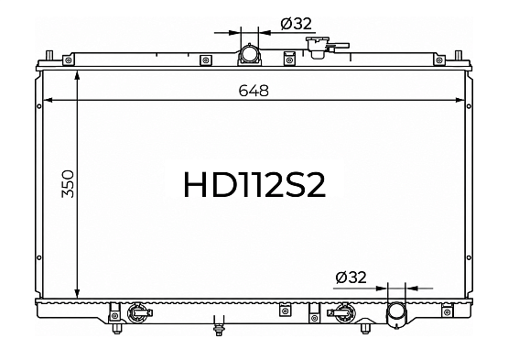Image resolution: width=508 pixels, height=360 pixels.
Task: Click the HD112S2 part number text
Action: pyautogui.click(x=254, y=184)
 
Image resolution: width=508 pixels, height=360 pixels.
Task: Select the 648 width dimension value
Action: pyautogui.click(x=254, y=91)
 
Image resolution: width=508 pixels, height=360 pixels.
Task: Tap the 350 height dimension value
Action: pyautogui.click(x=68, y=183)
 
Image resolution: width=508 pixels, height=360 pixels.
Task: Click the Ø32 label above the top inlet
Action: pyautogui.click(x=297, y=23)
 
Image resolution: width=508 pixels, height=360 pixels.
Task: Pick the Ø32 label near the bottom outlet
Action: pyautogui.click(x=351, y=278)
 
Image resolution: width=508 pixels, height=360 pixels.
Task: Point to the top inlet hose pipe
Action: pyautogui.click(x=250, y=54)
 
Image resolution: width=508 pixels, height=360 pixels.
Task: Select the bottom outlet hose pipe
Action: pyautogui.click(x=396, y=315)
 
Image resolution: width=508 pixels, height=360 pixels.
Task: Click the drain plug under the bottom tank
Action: pyautogui.click(x=220, y=325)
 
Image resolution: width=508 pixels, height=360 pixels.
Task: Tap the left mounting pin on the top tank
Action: pyautogui.click(x=49, y=55)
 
